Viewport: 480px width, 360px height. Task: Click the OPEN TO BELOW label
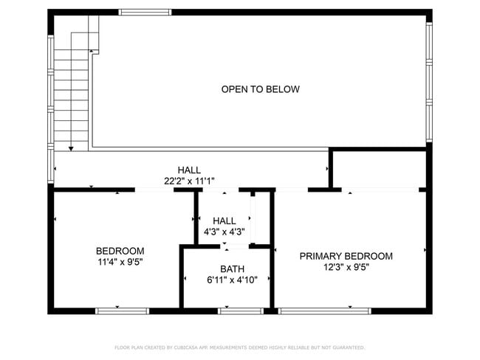260,89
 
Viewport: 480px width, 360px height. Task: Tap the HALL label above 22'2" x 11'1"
189,170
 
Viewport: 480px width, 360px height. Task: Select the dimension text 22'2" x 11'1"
189,181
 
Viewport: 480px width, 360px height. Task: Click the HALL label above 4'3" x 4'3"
224,221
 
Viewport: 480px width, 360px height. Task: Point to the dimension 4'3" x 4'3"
224,232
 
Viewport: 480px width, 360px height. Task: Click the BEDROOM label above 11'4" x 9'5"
120,251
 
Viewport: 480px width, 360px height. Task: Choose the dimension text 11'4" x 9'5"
120,261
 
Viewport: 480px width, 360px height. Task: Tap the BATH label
232,269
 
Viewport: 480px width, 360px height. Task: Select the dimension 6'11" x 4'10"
232,280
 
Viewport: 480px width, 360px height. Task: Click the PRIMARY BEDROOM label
346,256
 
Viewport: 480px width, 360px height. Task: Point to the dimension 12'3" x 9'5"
346,267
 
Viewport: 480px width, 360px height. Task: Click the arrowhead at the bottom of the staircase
71,148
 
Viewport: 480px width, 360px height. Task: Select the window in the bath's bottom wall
240,311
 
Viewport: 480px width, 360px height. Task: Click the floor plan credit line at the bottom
239,347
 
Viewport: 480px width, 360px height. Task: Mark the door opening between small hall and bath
225,246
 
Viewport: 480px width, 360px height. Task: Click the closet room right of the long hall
379,169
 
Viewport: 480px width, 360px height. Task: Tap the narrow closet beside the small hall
253,218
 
